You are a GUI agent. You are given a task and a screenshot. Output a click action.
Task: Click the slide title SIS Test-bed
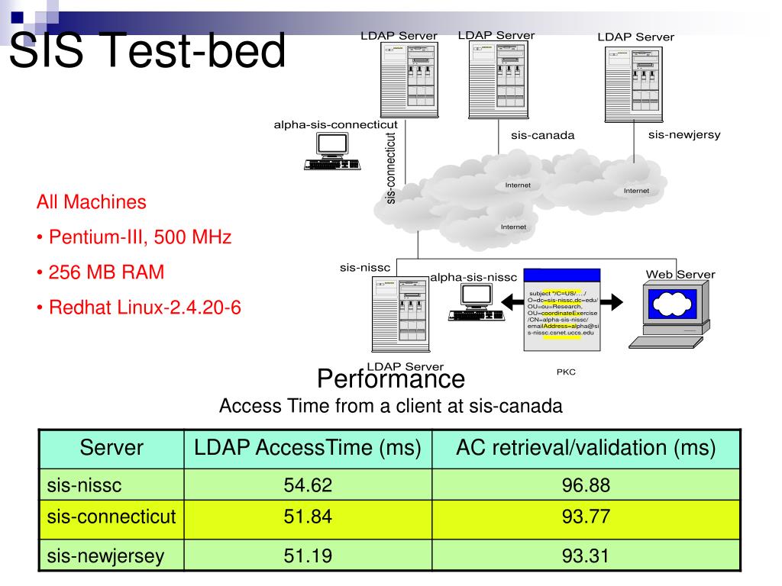tap(148, 50)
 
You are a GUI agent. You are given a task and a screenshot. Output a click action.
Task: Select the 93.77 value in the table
tap(586, 517)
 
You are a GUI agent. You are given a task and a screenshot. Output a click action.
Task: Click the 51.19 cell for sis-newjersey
tap(308, 555)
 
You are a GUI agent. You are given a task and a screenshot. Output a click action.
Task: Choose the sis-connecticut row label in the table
tap(111, 517)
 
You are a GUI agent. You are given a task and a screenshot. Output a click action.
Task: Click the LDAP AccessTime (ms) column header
tap(308, 448)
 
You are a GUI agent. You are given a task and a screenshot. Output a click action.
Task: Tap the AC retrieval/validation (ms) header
tap(586, 448)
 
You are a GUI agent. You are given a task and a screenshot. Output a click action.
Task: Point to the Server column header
tap(111, 448)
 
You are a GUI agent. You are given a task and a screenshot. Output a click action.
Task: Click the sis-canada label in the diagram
tap(542, 136)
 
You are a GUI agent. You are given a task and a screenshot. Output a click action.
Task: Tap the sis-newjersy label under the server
tap(684, 135)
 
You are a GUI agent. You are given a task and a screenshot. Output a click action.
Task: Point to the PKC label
tap(566, 372)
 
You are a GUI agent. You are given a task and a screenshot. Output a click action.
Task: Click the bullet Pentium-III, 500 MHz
tap(134, 237)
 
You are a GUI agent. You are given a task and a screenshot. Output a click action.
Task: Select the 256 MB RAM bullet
tap(100, 272)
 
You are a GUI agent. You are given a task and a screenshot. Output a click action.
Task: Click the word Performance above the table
tap(390, 378)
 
